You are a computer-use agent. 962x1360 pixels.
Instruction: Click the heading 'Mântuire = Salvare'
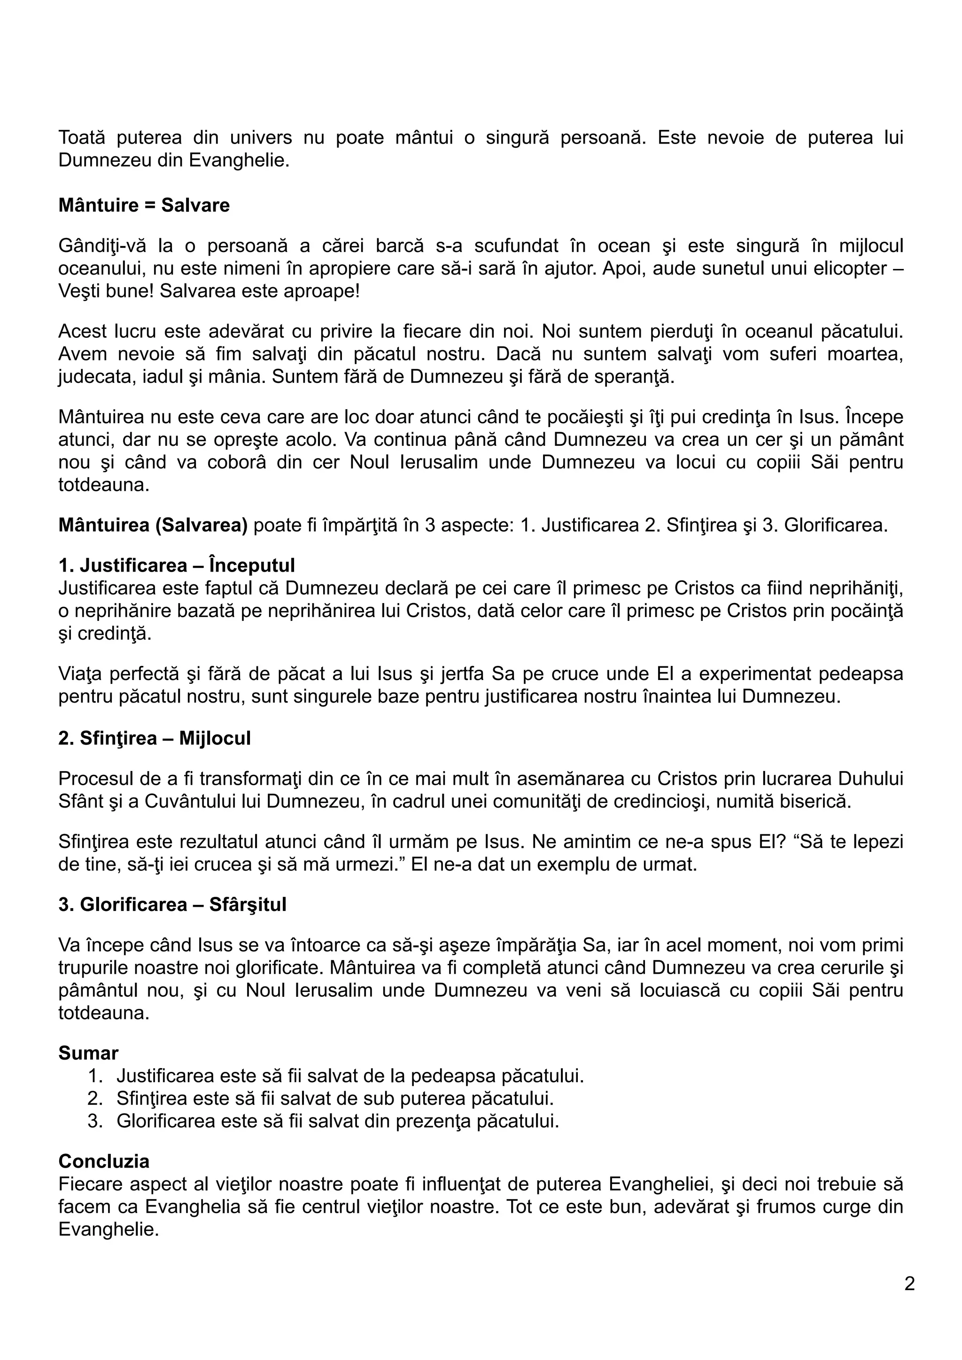click(x=144, y=206)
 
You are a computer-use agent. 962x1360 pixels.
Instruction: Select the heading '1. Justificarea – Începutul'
click(x=177, y=565)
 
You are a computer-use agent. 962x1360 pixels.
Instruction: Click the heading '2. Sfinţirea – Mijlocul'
click(x=154, y=738)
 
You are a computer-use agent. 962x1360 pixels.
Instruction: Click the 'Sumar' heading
click(x=88, y=1053)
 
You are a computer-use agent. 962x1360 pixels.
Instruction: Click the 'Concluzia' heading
click(x=104, y=1161)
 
